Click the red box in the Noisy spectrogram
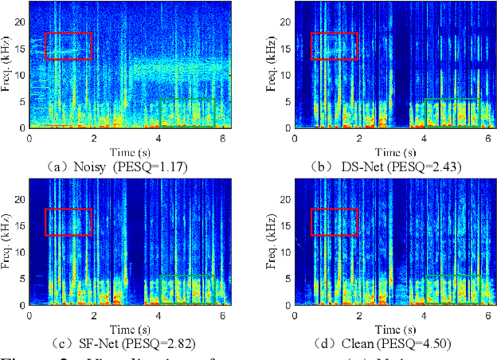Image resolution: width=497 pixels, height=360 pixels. (68, 46)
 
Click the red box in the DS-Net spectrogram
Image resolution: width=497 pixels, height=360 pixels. (334, 46)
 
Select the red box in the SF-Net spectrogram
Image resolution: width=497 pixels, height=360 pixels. (68, 222)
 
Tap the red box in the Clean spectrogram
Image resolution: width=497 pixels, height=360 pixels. (334, 222)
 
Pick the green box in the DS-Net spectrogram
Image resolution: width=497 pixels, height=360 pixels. (452, 112)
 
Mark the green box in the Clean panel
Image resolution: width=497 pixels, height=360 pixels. (452, 290)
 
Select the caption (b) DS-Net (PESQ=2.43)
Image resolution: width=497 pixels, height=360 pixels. (381, 166)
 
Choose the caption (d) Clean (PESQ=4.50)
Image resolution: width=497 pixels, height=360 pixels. (381, 343)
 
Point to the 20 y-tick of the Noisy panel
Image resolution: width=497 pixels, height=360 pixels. (21, 22)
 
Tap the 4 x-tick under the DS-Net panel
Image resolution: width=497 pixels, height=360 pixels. (424, 139)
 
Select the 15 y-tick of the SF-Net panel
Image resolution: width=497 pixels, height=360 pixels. (21, 225)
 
